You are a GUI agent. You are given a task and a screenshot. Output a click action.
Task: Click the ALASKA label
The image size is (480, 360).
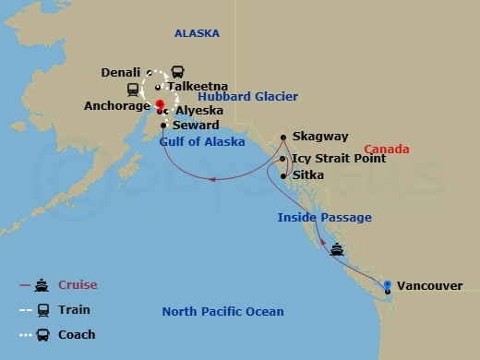(198, 33)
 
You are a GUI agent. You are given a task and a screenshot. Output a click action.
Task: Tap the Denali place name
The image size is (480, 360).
(123, 72)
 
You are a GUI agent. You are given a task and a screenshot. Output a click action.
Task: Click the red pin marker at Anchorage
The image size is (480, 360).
(159, 103)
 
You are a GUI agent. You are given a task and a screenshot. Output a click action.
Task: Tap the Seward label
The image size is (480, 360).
(197, 126)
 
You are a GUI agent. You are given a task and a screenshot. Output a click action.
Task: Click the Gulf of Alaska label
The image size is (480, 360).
(202, 142)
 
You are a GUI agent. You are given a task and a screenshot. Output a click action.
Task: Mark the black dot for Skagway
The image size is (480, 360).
(283, 136)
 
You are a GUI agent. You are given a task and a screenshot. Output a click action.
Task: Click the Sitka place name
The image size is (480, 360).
(307, 174)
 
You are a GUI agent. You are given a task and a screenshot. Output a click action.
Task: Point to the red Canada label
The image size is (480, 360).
(386, 150)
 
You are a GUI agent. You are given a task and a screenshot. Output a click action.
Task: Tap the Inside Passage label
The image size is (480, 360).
(324, 218)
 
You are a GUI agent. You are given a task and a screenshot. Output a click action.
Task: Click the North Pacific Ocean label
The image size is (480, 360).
(222, 312)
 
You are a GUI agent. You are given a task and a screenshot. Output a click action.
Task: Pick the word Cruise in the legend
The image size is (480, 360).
(78, 285)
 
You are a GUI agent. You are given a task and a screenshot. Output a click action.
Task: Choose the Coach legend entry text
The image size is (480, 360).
(77, 335)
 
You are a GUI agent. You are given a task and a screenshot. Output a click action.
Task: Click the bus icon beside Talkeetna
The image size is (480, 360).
(177, 72)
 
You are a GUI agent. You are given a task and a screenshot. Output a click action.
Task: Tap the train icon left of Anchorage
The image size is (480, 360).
(132, 90)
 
